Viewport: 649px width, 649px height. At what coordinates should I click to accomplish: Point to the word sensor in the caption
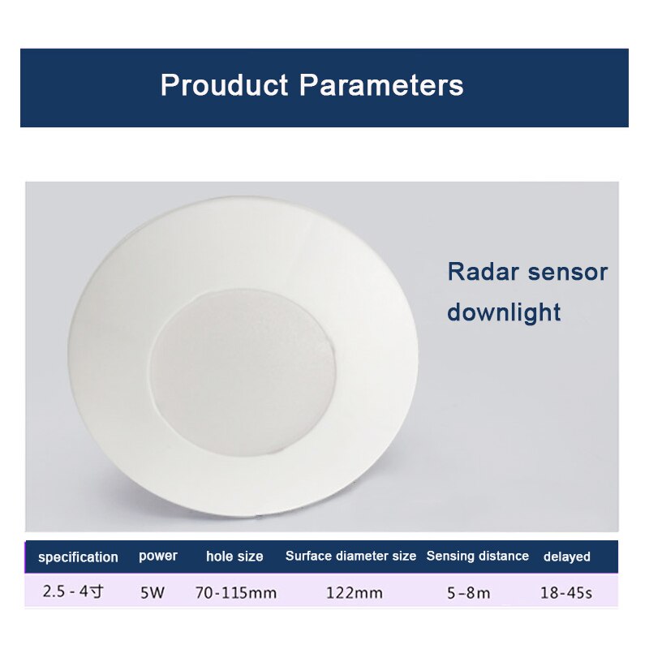pyautogui.click(x=567, y=272)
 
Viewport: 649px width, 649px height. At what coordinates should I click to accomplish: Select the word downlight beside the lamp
pyautogui.click(x=504, y=312)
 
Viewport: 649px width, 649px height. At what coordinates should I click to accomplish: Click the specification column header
pyautogui.click(x=78, y=557)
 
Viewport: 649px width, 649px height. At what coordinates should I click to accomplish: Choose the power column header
pyautogui.click(x=157, y=557)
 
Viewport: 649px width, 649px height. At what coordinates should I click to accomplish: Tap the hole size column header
pyautogui.click(x=234, y=557)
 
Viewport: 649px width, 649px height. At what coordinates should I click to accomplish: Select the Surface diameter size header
pyautogui.click(x=350, y=557)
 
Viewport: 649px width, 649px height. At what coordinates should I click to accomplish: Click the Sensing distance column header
pyautogui.click(x=477, y=557)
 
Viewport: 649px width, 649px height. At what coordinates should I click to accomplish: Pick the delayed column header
pyautogui.click(x=566, y=557)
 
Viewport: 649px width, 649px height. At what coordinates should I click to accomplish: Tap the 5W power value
pyautogui.click(x=153, y=593)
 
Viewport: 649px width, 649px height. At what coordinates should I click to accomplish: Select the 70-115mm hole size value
pyautogui.click(x=236, y=593)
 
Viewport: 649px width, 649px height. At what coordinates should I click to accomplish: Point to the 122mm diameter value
pyautogui.click(x=355, y=593)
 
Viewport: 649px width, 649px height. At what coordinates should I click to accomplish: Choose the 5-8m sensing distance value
pyautogui.click(x=469, y=593)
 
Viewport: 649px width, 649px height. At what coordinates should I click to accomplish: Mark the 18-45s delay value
pyautogui.click(x=566, y=593)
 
